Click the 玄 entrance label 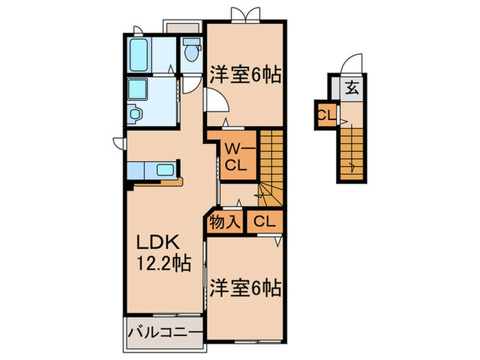(352, 87)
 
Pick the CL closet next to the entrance (325, 115)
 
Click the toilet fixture (191, 49)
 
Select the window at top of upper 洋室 (245, 16)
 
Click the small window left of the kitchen (118, 143)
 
